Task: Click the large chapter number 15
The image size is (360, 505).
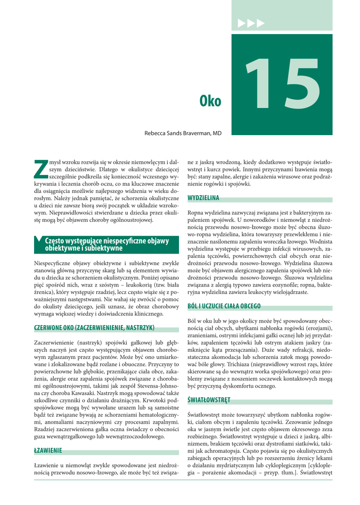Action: coord(283,85)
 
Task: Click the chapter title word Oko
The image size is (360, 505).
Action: coord(210,102)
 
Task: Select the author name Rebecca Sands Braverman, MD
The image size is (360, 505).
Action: coord(183,133)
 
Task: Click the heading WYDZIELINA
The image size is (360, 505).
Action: coord(203,198)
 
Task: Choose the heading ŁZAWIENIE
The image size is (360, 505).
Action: coord(48,451)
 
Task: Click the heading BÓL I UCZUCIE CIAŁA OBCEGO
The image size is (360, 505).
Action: coord(224,306)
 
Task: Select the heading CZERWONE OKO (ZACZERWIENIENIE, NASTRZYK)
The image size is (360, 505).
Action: coord(94,327)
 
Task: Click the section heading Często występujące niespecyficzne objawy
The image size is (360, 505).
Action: coord(107,241)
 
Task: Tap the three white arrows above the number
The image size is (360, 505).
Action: coord(251,23)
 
